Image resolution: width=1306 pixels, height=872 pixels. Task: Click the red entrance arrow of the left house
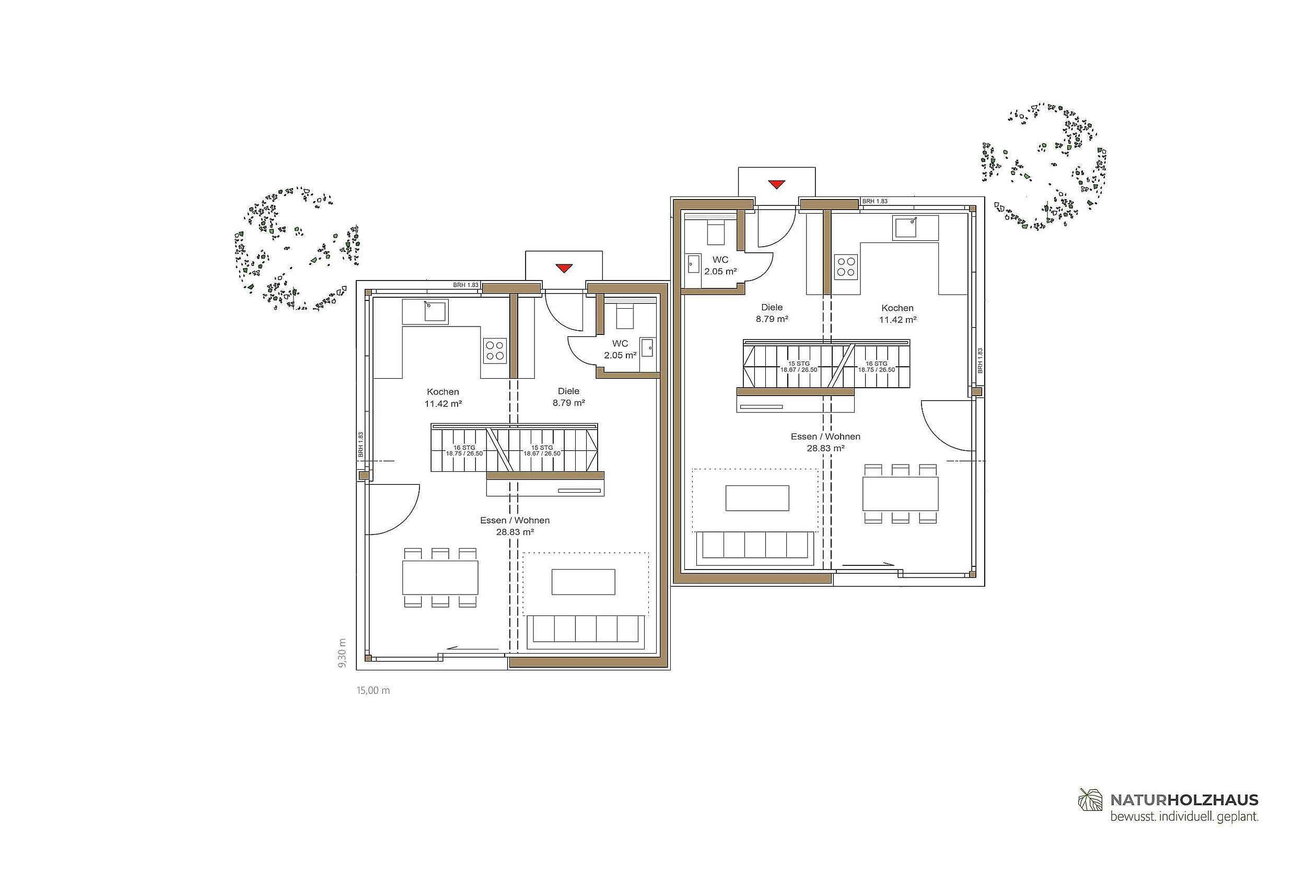click(564, 269)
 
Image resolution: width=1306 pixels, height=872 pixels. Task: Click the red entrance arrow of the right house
click(776, 184)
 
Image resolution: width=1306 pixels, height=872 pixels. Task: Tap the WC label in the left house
click(620, 344)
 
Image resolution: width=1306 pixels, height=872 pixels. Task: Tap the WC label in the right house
click(720, 260)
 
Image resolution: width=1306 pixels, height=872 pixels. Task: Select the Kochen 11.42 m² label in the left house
click(443, 398)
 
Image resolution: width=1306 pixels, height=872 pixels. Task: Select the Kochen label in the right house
click(897, 308)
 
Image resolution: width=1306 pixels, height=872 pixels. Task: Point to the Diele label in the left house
click(569, 391)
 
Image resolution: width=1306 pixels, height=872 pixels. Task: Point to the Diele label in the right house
click(772, 307)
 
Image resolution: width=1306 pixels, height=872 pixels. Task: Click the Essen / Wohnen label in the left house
click(515, 520)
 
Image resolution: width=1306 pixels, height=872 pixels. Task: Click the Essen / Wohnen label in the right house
click(825, 437)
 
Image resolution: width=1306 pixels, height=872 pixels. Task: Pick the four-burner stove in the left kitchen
click(495, 351)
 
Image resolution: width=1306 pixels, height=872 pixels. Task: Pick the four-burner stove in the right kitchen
click(846, 266)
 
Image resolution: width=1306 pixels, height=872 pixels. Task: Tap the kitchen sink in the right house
click(906, 227)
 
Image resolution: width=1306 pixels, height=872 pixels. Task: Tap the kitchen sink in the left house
click(436, 311)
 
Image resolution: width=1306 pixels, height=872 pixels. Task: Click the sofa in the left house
click(586, 631)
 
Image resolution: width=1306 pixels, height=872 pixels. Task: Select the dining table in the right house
click(900, 494)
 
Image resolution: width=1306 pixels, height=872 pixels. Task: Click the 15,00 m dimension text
click(373, 691)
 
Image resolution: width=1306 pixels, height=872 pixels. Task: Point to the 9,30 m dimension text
click(343, 653)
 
